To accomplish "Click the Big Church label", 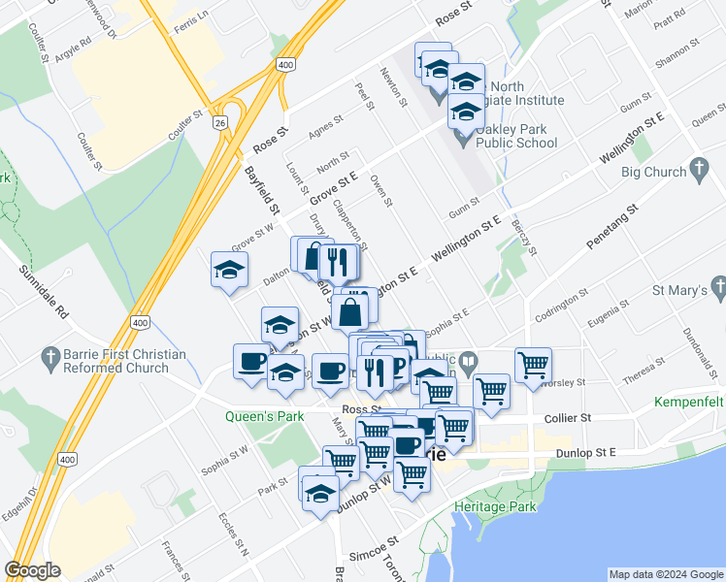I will point(652,173).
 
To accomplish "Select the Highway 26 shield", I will point(221,123).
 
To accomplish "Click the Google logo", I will point(32,570).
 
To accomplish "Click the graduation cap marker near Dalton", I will point(230,270).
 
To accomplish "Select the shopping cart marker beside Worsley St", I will point(533,366).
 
